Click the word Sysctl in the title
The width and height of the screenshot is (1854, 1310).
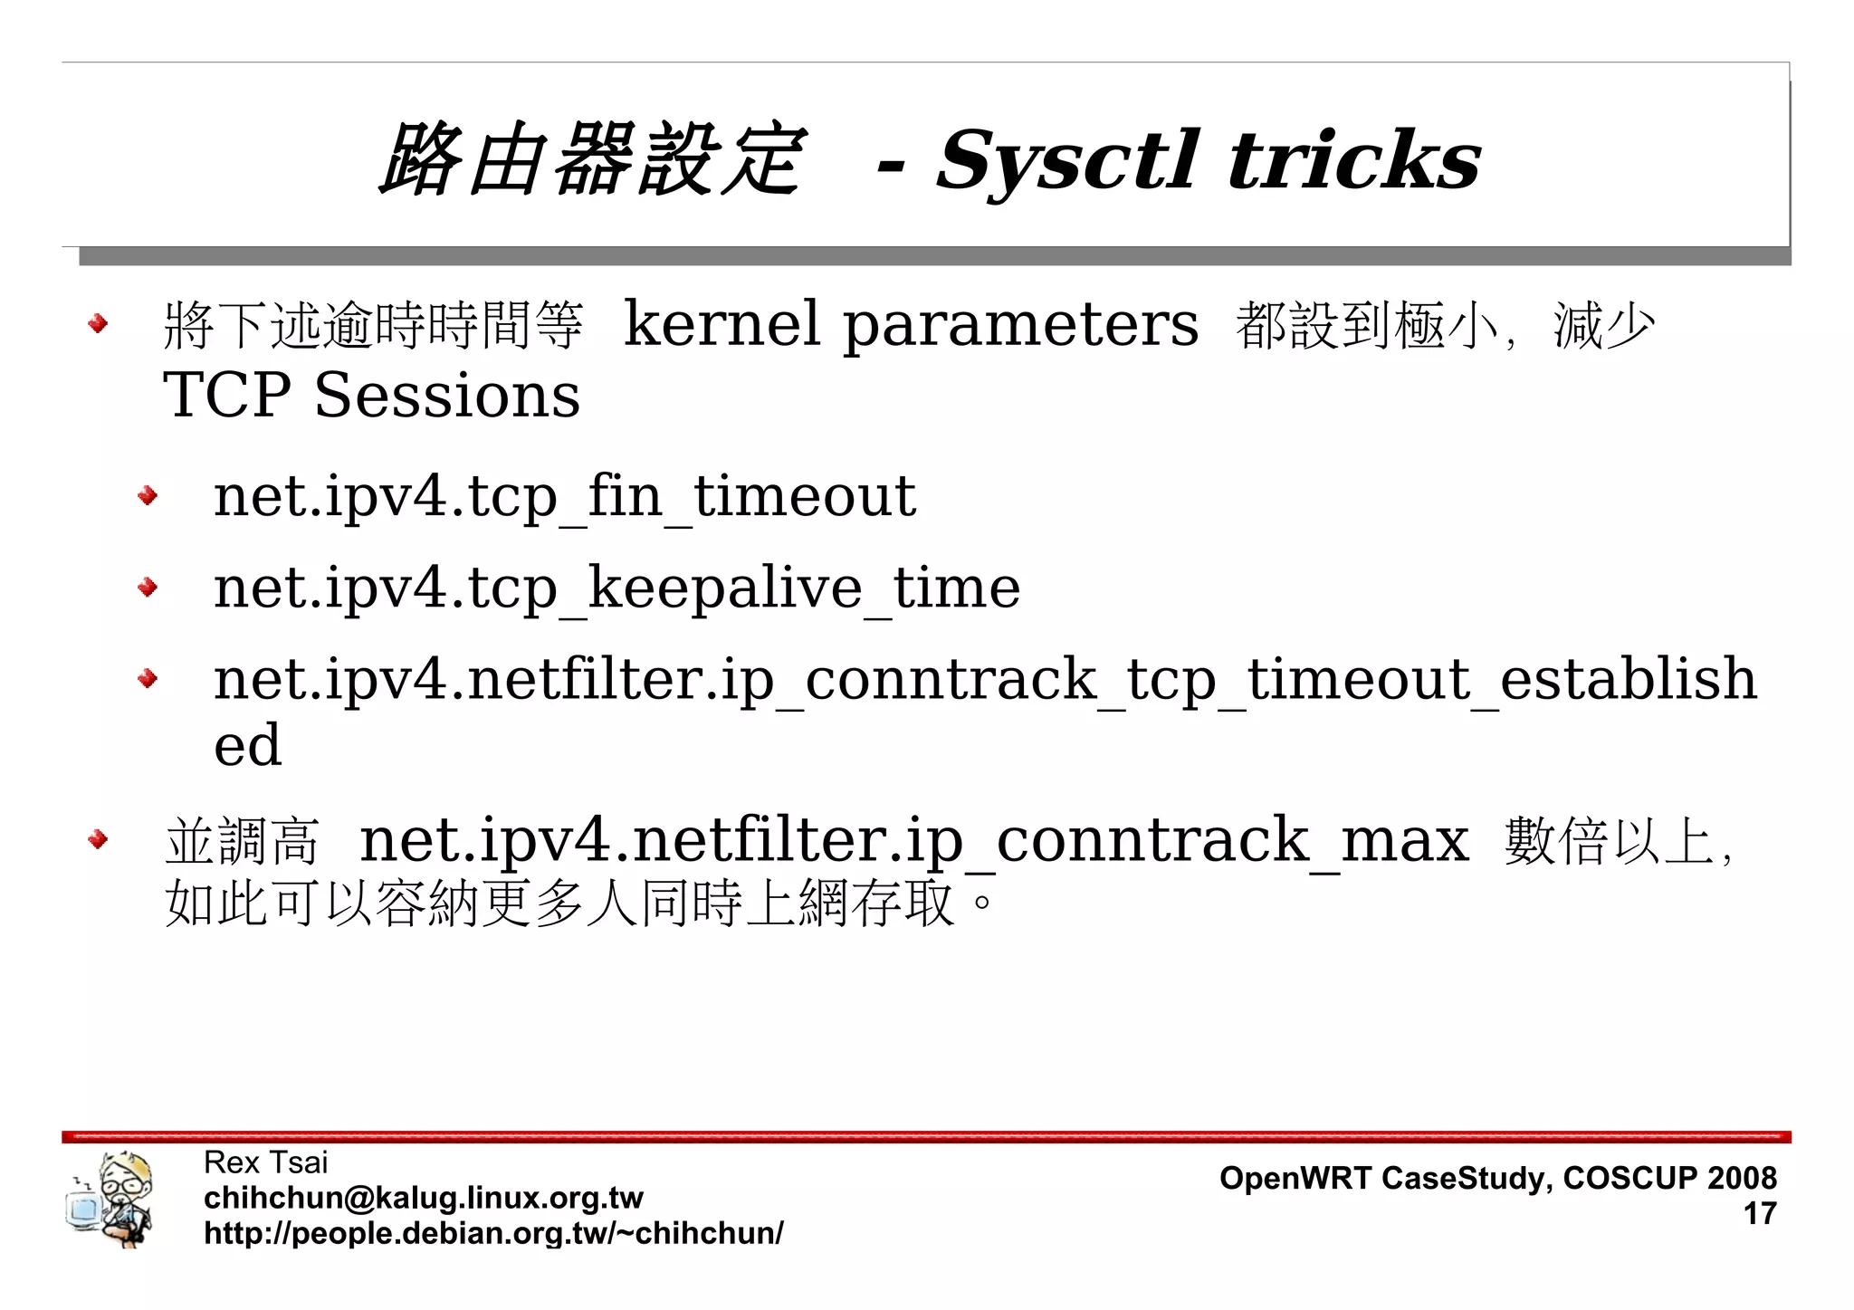[1068, 161]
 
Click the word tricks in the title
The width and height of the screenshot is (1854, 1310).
[1355, 161]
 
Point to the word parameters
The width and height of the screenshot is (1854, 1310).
[1020, 326]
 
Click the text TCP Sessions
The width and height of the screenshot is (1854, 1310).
[371, 396]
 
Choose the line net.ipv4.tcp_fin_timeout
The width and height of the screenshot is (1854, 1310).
[564, 496]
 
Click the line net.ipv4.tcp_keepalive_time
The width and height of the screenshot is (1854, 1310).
[616, 588]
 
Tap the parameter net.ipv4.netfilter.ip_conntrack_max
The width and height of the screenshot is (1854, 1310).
[913, 841]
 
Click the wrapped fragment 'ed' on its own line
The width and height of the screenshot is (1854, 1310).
[247, 746]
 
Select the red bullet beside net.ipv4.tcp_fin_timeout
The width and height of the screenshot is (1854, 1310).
[148, 496]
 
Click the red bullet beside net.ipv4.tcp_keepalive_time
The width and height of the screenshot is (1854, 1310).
[148, 588]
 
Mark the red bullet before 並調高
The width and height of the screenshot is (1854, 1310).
[98, 840]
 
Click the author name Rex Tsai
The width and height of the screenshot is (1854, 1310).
[265, 1162]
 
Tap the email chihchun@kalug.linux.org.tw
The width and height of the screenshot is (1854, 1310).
[423, 1198]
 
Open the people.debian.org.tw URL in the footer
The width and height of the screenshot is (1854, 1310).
[493, 1233]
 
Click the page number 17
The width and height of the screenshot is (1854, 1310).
[1759, 1213]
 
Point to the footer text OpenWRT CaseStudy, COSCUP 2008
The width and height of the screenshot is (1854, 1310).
[1497, 1178]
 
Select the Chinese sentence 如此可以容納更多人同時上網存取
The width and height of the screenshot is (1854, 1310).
[559, 904]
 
